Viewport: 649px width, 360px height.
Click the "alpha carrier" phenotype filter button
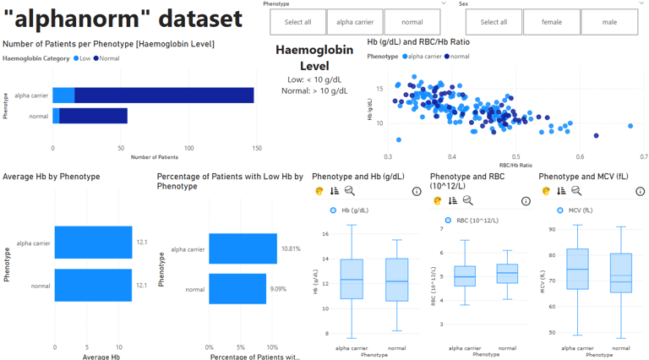354,23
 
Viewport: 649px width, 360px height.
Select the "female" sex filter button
551,23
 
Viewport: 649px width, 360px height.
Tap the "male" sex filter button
609,23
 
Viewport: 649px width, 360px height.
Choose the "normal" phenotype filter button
412,23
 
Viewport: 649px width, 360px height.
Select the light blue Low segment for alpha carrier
63,95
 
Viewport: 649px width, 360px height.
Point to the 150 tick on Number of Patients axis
123,148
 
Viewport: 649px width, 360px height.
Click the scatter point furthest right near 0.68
630,126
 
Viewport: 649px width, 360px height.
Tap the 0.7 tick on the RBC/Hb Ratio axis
643,157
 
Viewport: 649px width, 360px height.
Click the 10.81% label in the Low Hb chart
291,249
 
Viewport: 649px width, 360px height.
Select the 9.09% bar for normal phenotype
237,289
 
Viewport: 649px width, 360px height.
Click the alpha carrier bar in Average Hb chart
93,243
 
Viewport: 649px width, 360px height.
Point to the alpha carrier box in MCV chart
576,270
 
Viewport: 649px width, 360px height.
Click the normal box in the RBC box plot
507,274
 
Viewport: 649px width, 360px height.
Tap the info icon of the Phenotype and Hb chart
417,192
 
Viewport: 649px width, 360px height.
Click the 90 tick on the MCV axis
551,229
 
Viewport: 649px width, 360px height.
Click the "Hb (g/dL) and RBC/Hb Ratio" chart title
418,42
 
